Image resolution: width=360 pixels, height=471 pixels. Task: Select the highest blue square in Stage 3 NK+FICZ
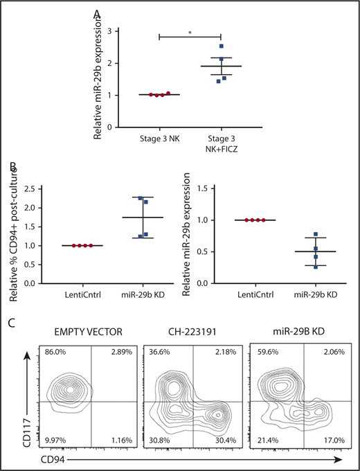coord(222,46)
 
